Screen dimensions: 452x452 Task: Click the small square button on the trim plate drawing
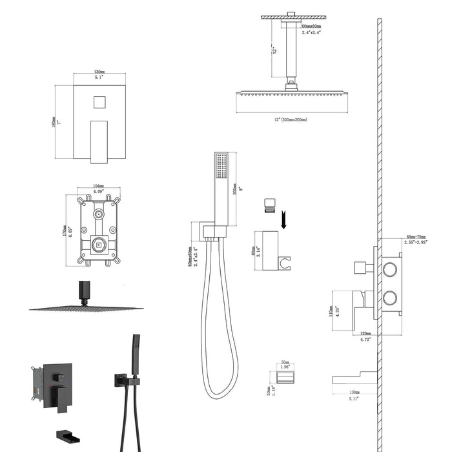[x=99, y=102]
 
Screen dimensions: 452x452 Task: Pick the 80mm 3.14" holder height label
[x=254, y=246]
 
